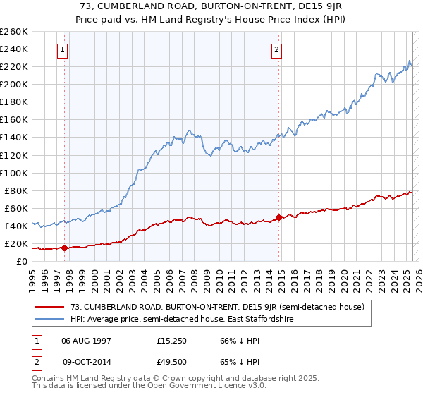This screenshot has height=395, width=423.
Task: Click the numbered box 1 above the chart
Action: (63, 49)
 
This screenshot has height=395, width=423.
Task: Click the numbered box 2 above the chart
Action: (276, 49)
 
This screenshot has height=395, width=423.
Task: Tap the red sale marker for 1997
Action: (64, 248)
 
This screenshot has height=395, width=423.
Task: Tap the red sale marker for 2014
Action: (278, 217)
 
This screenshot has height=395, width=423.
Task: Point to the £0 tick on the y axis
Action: (22, 261)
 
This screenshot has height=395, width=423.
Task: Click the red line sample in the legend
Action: (50, 307)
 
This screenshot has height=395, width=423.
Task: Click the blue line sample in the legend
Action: (50, 320)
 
